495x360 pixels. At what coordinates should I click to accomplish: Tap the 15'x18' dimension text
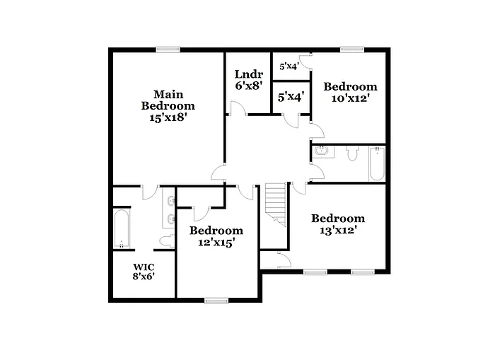tap(168, 118)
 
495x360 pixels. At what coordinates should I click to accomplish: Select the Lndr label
tap(249, 74)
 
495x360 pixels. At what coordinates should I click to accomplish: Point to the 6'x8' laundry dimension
tap(249, 86)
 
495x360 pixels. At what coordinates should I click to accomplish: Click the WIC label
tap(144, 267)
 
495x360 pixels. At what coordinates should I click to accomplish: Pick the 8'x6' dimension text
tap(144, 276)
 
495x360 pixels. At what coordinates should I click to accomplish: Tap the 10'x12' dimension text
tap(350, 98)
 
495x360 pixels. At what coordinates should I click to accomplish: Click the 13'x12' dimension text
tap(337, 230)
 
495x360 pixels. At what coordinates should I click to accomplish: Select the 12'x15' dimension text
tap(216, 242)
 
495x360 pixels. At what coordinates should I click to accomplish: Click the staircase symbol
tap(276, 205)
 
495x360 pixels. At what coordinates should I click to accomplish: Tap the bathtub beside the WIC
tap(122, 228)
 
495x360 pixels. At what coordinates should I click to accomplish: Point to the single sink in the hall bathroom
tap(320, 150)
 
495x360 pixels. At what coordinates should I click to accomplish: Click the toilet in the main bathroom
tap(165, 242)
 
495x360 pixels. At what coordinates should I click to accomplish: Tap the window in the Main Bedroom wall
tap(167, 49)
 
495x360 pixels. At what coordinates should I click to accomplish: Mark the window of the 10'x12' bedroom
tap(351, 49)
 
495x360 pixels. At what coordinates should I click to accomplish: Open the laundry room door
tap(238, 108)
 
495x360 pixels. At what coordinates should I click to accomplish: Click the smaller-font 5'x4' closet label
tap(289, 66)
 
